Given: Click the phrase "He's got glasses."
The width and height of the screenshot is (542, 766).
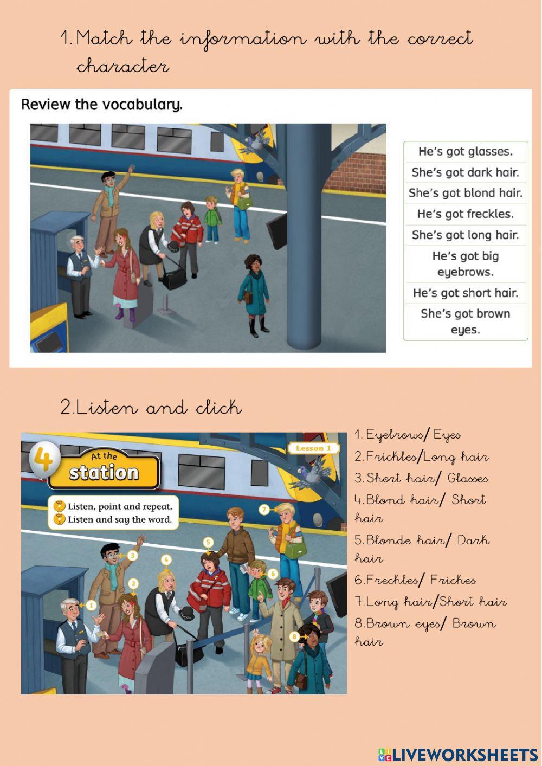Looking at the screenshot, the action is point(466,151).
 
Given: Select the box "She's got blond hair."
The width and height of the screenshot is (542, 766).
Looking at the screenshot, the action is point(466,193).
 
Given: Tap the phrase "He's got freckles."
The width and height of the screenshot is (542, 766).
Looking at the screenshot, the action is point(466,214).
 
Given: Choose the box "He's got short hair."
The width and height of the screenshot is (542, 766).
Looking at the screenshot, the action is point(466,293).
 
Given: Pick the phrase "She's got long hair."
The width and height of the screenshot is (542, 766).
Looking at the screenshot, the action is point(466,235).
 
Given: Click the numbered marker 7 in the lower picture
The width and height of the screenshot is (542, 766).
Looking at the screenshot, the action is point(264,510).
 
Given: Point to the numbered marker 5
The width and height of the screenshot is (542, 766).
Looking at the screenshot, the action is point(208,542).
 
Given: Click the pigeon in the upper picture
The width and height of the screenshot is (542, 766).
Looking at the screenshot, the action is point(254,143).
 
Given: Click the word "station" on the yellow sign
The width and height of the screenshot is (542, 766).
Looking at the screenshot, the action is point(104,473).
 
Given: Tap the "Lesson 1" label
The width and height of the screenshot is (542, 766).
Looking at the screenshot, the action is point(314,448).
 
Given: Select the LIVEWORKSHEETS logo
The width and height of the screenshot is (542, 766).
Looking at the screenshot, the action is point(458,755).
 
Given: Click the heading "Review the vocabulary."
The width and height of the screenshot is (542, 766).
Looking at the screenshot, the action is point(102,104).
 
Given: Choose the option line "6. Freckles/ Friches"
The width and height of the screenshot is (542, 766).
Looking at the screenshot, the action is point(415,580).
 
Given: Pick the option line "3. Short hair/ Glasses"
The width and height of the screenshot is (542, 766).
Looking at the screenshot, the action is point(421,478).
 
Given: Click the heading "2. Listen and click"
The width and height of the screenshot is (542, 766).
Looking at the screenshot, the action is point(151,407).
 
